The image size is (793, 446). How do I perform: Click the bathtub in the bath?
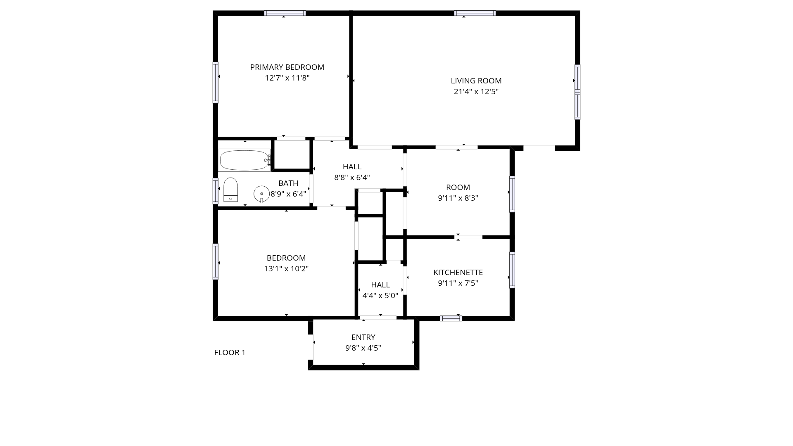[x=245, y=160]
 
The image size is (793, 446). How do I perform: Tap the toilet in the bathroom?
[x=230, y=190]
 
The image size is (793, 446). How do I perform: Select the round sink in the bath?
[x=261, y=194]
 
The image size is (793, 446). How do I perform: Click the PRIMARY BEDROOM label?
[x=287, y=67]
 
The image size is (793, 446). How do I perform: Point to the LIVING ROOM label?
[x=476, y=81]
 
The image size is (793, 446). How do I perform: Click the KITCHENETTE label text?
[x=458, y=273]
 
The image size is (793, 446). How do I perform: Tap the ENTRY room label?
[x=363, y=337]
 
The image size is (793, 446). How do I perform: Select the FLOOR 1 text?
[x=230, y=353]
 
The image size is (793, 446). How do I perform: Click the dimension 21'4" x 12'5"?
[x=476, y=92]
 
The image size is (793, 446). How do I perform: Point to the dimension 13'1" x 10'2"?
[x=286, y=269]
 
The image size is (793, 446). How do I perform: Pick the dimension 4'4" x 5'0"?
[x=380, y=296]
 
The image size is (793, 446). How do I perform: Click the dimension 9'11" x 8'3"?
[x=458, y=198]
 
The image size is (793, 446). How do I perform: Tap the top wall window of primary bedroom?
[x=285, y=13]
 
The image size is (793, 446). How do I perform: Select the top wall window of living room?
[x=475, y=13]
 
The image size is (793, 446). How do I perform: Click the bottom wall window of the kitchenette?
[x=451, y=318]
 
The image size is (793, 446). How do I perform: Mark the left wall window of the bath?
[x=216, y=190]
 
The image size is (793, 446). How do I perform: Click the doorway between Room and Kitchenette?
[x=469, y=237]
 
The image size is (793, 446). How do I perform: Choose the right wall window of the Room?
[x=512, y=194]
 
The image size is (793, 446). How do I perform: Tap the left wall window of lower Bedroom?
[x=216, y=261]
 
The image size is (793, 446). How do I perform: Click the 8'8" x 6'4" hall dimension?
[x=352, y=178]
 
